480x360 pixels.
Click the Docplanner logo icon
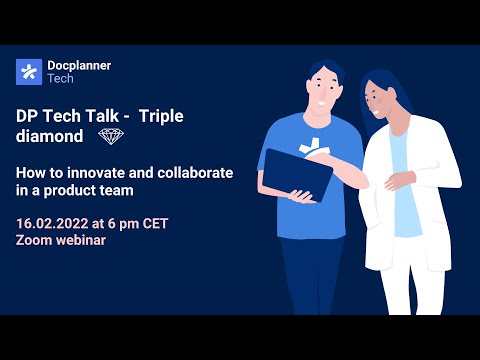[28, 72]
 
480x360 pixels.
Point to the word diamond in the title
[50, 135]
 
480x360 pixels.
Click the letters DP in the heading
[27, 115]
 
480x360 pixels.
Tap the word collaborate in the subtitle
[195, 172]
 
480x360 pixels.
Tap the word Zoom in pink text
[34, 240]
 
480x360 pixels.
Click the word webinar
[82, 240]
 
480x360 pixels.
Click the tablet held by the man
[290, 175]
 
